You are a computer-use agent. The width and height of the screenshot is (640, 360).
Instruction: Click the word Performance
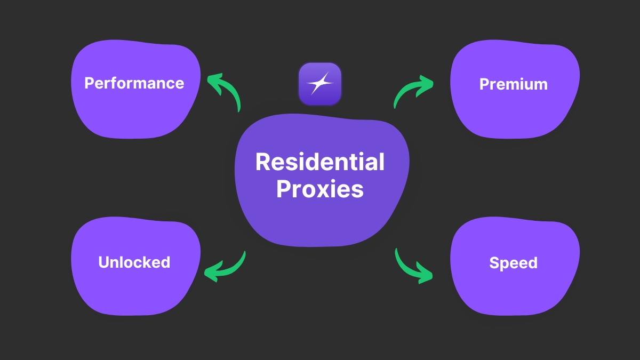134,83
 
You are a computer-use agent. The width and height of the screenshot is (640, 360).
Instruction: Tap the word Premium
513,84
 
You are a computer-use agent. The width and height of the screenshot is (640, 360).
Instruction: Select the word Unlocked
134,262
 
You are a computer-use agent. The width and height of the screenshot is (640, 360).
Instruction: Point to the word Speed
513,263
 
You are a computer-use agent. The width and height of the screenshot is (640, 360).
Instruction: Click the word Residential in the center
320,162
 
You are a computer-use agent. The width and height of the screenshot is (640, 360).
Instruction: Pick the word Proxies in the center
320,189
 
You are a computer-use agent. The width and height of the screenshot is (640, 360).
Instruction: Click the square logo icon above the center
320,84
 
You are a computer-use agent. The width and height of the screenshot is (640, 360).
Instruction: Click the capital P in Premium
485,84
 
